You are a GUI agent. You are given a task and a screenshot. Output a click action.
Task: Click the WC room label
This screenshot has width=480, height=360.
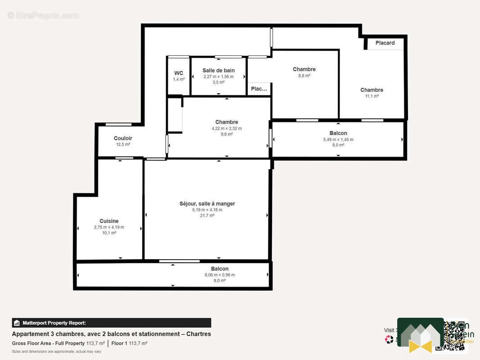179,73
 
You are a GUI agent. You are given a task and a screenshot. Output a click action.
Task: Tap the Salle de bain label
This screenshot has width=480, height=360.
218,71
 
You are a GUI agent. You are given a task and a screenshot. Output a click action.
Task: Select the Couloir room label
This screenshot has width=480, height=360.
123,138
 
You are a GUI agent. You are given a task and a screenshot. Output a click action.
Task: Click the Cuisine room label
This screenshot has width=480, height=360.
109,221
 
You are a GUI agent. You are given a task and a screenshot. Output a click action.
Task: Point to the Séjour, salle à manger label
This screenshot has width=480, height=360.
207,203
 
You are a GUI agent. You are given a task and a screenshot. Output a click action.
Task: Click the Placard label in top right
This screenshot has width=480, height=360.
385,43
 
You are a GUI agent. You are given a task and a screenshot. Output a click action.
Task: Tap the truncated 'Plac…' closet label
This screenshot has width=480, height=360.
259,89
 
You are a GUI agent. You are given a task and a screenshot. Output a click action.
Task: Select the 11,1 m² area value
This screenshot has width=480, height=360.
371,96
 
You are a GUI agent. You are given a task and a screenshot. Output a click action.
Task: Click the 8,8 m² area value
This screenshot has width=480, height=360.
304,76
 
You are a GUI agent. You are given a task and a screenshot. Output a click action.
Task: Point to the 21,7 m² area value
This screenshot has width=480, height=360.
207,216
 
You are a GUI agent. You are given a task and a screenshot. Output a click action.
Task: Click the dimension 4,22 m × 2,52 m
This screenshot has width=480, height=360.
226,128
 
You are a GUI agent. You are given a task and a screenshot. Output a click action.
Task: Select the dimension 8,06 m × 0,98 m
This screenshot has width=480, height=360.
220,275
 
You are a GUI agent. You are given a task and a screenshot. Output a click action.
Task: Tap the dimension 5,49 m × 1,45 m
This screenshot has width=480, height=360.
338,139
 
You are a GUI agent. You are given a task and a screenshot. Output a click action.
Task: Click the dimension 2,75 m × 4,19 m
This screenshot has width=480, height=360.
109,227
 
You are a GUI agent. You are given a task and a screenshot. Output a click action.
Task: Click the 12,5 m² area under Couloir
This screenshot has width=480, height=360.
123,144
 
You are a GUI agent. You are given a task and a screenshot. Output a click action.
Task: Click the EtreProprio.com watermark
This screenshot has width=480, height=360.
43,16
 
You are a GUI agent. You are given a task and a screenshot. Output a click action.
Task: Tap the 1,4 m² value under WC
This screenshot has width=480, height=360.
179,79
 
